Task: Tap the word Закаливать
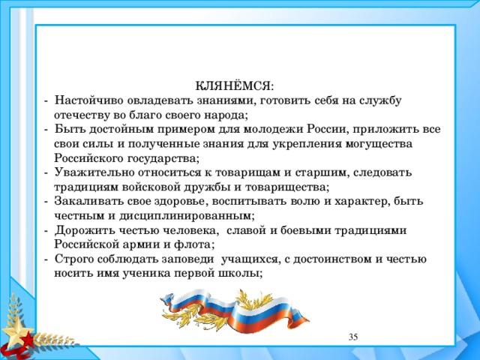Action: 88,202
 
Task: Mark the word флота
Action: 196,244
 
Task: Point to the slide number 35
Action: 353,337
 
